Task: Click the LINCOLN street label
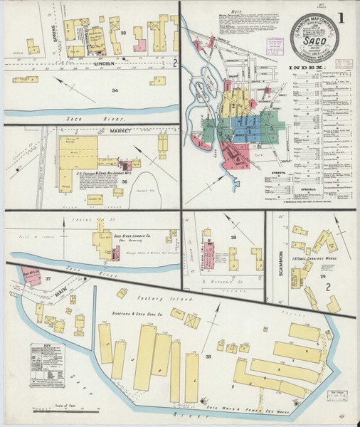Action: pos(105,63)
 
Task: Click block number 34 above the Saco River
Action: pos(115,90)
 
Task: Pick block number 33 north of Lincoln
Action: pos(122,33)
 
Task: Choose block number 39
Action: pos(232,237)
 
